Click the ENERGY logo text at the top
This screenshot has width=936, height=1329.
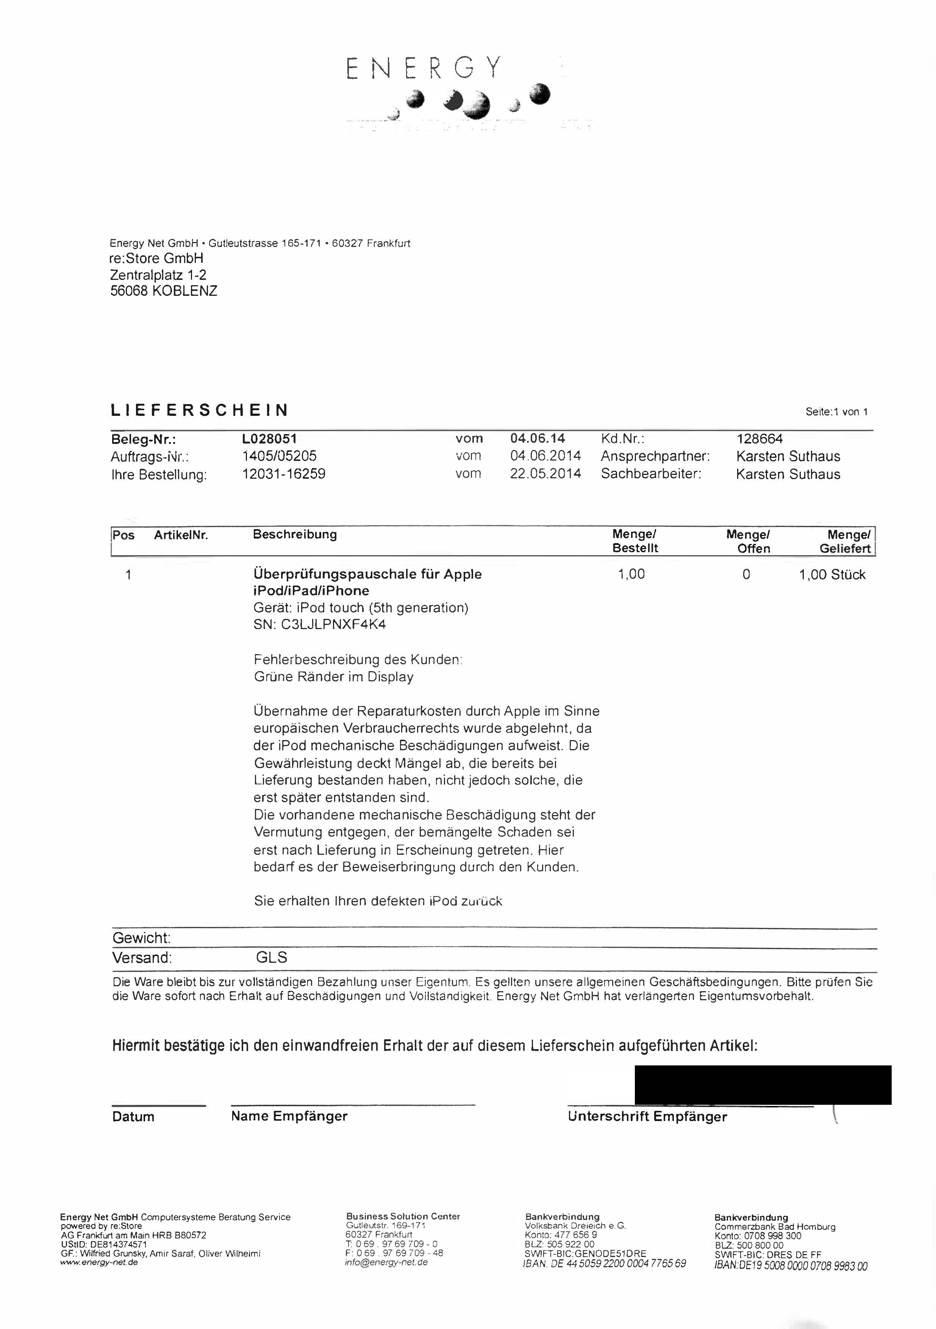(423, 68)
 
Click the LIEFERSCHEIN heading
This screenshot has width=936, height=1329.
(199, 411)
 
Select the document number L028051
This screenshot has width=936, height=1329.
(269, 439)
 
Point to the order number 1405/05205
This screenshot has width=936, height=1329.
(279, 456)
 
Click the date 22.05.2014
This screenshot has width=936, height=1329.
(545, 473)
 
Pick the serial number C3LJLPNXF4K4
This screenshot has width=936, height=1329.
(333, 625)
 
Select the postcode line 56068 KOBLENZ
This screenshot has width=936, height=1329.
(164, 291)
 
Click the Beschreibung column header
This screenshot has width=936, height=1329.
(295, 534)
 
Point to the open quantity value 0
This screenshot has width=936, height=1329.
(746, 574)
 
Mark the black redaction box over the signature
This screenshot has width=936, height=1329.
(763, 1085)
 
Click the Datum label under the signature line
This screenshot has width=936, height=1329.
(133, 1117)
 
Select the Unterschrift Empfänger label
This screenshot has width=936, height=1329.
(647, 1117)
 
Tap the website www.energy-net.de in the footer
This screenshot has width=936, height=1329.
(99, 1262)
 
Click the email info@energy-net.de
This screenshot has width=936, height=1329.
(386, 1262)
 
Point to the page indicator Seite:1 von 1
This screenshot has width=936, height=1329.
(836, 412)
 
